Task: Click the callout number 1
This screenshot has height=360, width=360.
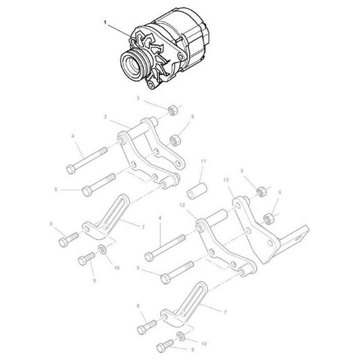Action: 105,23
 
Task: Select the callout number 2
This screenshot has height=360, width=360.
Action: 105,117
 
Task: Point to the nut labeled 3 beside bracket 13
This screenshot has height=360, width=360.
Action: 260,194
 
